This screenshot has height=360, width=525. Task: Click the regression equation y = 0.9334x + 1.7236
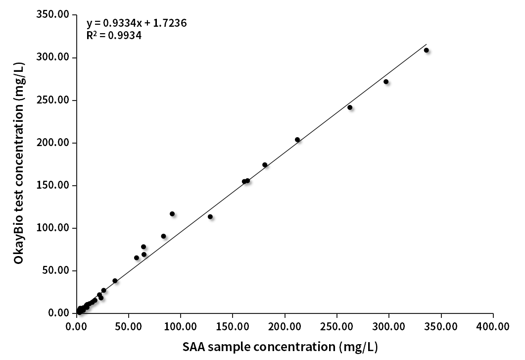pyautogui.click(x=137, y=23)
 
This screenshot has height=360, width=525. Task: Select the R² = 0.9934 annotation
pyautogui.click(x=114, y=35)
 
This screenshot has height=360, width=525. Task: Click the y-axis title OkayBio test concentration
pyautogui.click(x=19, y=163)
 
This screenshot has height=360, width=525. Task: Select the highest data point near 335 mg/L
pyautogui.click(x=426, y=50)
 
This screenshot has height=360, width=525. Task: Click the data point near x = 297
pyautogui.click(x=386, y=82)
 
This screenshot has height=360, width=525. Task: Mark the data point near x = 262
pyautogui.click(x=350, y=107)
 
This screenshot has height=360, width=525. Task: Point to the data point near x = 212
pyautogui.click(x=297, y=140)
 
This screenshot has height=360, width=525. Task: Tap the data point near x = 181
pyautogui.click(x=265, y=165)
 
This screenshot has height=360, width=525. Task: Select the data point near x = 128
pyautogui.click(x=210, y=216)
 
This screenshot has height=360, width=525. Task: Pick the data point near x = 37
pyautogui.click(x=115, y=281)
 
